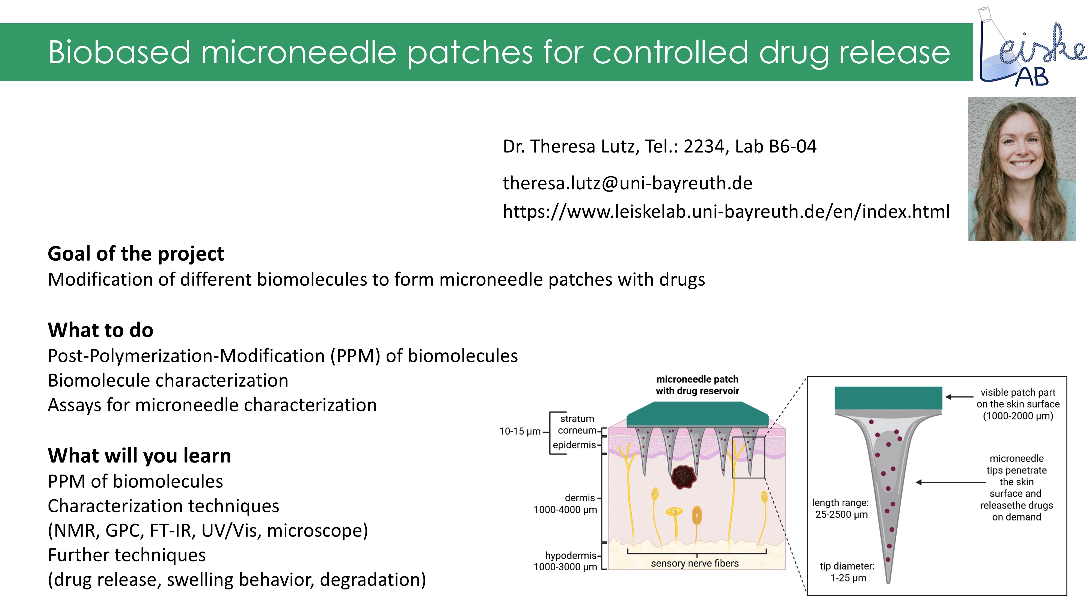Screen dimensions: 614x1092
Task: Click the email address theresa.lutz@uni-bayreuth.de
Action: (x=627, y=183)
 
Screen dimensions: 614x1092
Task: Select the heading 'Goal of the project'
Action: (x=136, y=254)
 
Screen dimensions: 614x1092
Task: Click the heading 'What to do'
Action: (x=100, y=330)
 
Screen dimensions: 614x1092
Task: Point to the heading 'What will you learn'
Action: (x=140, y=455)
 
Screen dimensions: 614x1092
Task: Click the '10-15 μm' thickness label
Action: (x=520, y=431)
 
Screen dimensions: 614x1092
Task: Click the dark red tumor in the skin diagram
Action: (x=683, y=477)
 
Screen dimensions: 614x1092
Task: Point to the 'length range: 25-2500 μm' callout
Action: (x=841, y=508)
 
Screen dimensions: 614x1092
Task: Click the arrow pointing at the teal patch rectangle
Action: (x=959, y=397)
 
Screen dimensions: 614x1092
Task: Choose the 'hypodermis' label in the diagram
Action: (x=570, y=556)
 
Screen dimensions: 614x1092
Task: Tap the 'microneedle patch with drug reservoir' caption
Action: (x=697, y=385)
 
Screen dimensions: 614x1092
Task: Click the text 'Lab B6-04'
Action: (x=775, y=147)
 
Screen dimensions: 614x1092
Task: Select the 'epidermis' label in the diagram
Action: (x=574, y=445)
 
